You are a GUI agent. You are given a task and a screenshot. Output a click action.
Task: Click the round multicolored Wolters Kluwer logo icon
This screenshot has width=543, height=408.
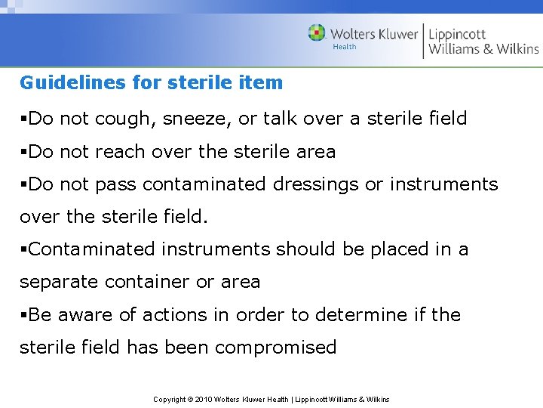[x=317, y=33]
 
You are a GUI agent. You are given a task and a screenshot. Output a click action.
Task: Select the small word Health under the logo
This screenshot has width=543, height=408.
[x=345, y=48]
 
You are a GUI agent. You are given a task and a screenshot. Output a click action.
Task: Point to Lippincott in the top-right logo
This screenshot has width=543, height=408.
[x=458, y=34]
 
